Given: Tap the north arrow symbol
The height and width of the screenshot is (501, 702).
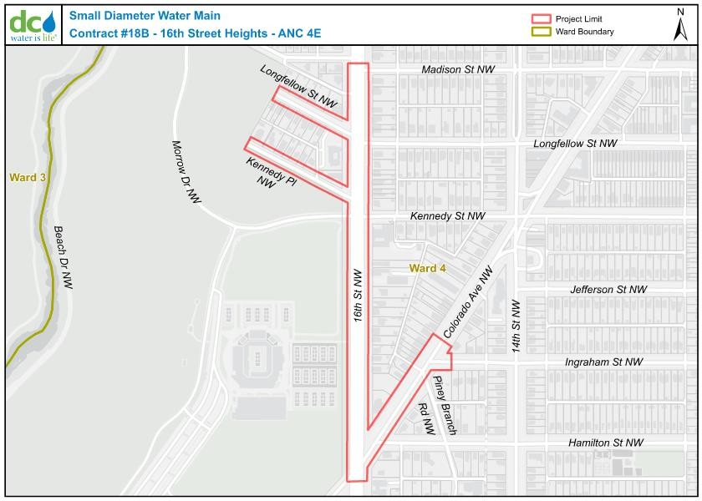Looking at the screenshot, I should [x=680, y=24].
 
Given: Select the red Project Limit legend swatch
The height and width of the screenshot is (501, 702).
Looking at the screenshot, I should [x=542, y=18].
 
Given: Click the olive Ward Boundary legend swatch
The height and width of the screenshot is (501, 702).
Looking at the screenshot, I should [x=542, y=32].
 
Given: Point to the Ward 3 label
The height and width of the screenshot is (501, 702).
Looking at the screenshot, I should [x=28, y=177].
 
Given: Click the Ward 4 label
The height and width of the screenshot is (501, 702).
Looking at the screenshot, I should [x=427, y=268].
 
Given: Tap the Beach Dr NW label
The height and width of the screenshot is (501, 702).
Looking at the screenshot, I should [x=64, y=257].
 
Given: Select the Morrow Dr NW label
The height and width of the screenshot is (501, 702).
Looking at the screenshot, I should [x=186, y=171].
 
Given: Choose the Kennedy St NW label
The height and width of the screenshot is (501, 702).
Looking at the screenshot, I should [x=447, y=216].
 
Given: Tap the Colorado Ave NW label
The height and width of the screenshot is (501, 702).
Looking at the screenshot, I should [x=469, y=302].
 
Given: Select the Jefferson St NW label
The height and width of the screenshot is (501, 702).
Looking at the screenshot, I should [x=608, y=290].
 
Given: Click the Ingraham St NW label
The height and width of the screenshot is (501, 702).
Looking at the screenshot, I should [x=603, y=362].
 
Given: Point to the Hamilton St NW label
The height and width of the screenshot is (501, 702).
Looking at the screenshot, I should [x=606, y=443].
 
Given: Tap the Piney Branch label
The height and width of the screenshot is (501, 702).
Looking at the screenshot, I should [x=445, y=405].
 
